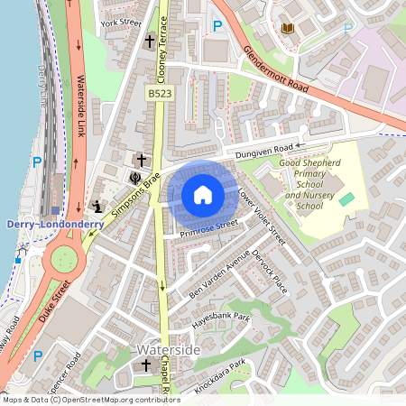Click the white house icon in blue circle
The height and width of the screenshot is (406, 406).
pos(203,194)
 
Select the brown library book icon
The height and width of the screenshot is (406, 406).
pos(288,29)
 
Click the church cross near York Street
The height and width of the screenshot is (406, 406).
pos(150,42)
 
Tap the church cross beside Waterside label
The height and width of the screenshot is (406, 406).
pos(147,365)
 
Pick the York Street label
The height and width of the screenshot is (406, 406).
pos(122,22)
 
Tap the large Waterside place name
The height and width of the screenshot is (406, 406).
pos(161,347)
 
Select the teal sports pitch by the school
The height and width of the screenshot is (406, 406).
pos(346,198)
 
